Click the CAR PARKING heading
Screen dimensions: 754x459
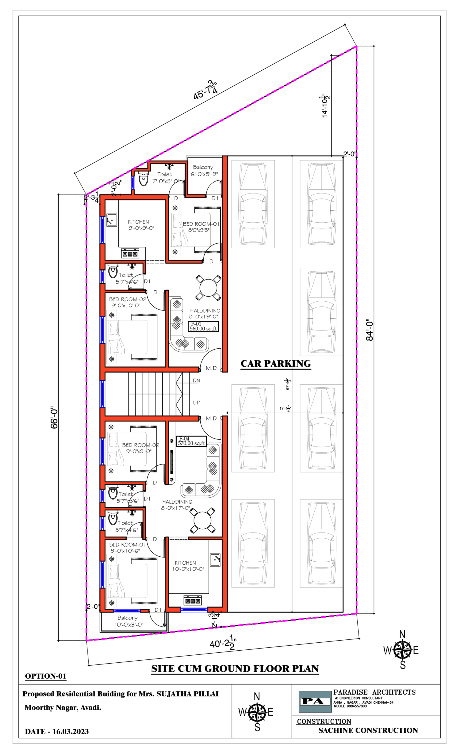(275, 363)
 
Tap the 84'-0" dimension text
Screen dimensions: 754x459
(370, 330)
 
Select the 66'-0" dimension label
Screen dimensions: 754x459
(54, 417)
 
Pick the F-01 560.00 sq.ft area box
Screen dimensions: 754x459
(203, 327)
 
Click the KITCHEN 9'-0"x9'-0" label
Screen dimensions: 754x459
(139, 225)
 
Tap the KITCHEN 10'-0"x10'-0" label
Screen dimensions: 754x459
(188, 566)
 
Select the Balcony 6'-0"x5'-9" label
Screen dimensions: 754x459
(204, 171)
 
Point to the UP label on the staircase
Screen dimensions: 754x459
(196, 403)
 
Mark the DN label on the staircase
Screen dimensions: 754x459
(196, 381)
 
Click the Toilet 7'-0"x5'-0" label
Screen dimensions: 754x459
(165, 178)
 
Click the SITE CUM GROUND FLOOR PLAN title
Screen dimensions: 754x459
(235, 669)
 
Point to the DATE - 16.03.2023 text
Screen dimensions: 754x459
(57, 732)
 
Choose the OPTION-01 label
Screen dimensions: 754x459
(46, 676)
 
